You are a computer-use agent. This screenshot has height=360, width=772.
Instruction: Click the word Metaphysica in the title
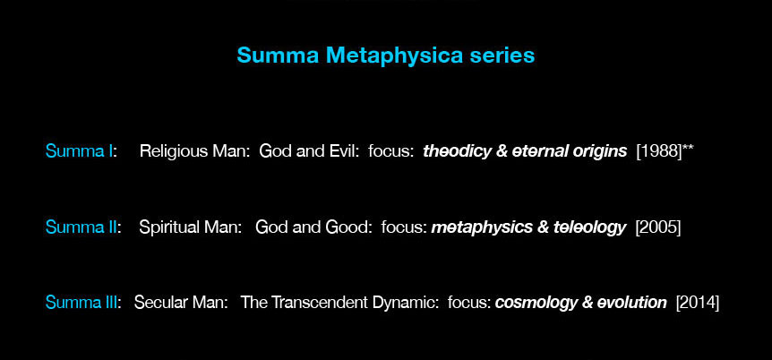[x=394, y=56]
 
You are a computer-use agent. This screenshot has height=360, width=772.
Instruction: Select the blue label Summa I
[x=79, y=151]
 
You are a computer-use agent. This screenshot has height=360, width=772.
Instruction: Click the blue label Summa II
[x=81, y=227]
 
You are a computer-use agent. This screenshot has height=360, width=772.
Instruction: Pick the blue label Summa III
[x=82, y=302]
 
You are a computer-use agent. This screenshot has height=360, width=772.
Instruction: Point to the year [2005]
[x=658, y=227]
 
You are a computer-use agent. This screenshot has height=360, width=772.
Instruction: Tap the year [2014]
[x=697, y=302]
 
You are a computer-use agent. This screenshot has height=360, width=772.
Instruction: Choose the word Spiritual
[x=167, y=227]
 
